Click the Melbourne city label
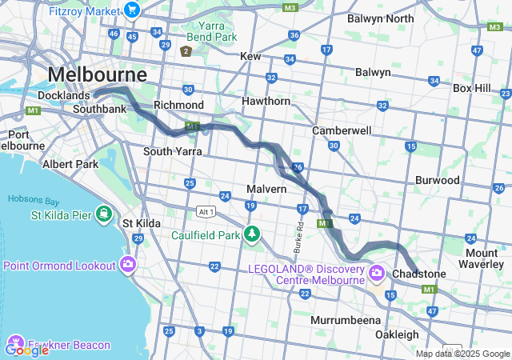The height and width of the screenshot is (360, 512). click(x=98, y=74)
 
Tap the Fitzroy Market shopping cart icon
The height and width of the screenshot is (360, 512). click(x=132, y=10)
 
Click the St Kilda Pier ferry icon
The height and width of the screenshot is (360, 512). click(x=103, y=214)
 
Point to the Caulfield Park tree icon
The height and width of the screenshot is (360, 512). click(x=253, y=234)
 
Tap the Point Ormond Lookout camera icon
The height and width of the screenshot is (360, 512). click(x=129, y=265)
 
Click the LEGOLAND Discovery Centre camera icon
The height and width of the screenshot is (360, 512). click(x=377, y=274)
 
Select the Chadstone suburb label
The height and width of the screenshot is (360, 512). click(x=420, y=274)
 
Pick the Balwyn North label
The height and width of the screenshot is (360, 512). click(x=381, y=18)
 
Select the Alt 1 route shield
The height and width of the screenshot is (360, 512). click(x=206, y=210)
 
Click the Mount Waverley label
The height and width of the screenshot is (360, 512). click(x=487, y=259)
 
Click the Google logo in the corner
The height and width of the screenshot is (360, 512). click(x=26, y=349)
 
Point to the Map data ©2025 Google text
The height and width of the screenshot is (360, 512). click(x=462, y=354)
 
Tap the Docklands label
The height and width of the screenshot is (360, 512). click(x=64, y=95)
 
